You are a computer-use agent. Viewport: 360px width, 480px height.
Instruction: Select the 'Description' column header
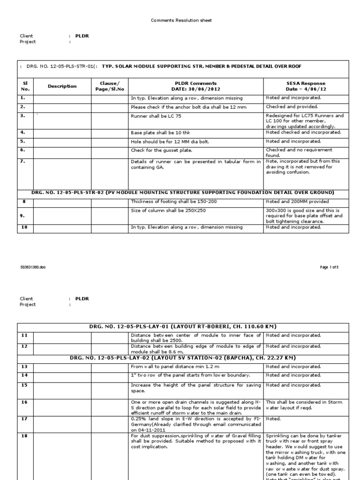point(62,86)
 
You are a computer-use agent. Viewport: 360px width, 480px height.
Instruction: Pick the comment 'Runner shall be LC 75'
point(154,115)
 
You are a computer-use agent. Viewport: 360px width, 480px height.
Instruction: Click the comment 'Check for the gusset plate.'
point(161,150)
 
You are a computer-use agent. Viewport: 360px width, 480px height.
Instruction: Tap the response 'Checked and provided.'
point(292,106)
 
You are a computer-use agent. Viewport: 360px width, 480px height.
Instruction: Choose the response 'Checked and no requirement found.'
point(299,153)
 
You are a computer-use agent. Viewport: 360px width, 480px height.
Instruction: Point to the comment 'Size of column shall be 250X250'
point(168,210)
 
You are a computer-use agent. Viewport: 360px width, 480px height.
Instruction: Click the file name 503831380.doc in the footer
point(32,267)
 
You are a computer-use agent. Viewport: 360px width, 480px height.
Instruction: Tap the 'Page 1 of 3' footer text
point(329,267)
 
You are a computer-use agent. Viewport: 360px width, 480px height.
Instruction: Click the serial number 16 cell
point(25,402)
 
